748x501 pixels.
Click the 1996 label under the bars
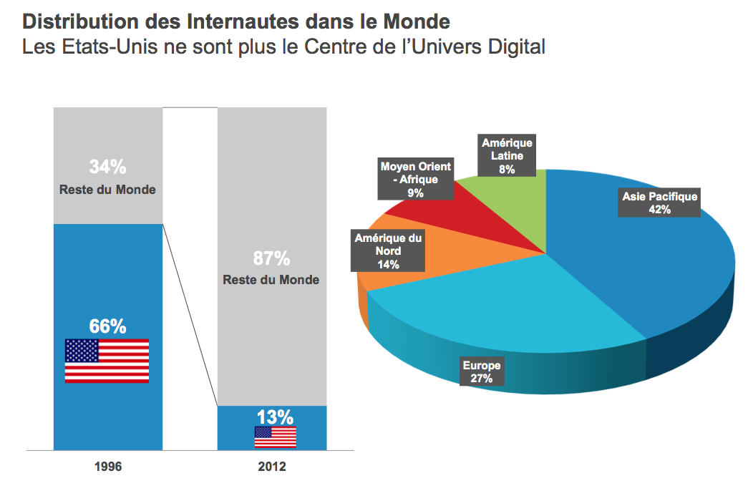pos(108,467)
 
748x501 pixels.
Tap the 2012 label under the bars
pos(271,467)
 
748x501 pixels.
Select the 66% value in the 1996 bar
pos(107,326)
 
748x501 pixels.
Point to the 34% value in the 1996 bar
pos(107,167)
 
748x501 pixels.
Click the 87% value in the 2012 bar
pos(271,258)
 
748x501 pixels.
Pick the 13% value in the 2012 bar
pos(275,417)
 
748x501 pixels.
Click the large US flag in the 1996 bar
pos(107,361)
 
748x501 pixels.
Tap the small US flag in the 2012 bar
pos(275,437)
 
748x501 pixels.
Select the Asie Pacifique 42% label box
pos(659,203)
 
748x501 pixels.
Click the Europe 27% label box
pos(482,371)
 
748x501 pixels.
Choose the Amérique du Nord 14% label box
pos(389,250)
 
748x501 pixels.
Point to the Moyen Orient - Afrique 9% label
pos(415,179)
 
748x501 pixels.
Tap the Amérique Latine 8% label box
pos(507,156)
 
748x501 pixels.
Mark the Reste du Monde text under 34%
pos(107,190)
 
